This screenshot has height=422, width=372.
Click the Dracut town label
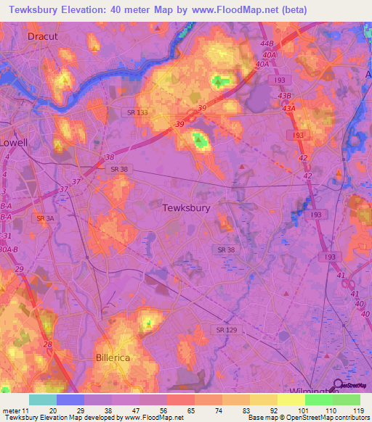[42, 35]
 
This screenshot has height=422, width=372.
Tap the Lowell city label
[13, 142]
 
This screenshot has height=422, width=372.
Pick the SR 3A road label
[45, 218]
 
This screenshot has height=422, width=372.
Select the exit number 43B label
[283, 96]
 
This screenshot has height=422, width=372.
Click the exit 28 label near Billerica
[48, 345]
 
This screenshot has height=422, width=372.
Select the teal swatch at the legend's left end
[42, 400]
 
